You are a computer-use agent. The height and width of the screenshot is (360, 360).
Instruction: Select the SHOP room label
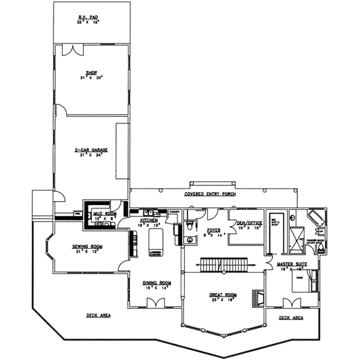coord(91,74)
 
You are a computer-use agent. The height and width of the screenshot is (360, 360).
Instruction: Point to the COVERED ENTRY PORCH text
coord(211,194)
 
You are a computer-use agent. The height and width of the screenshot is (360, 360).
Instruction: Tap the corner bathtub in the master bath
coord(315,217)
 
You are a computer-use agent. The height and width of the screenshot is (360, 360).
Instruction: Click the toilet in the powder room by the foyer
coord(190,226)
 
